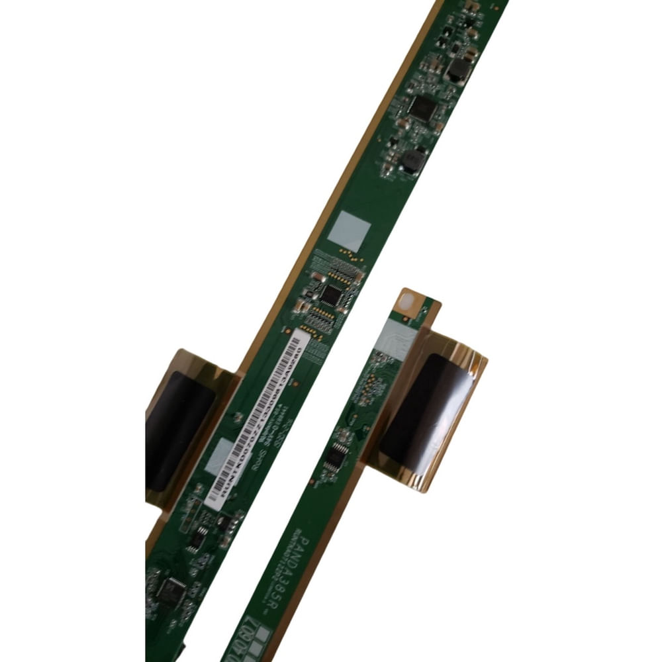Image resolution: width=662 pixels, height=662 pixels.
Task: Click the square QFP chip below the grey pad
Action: click(331, 295)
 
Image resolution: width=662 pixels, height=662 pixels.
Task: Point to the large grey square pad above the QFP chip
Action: click(349, 232)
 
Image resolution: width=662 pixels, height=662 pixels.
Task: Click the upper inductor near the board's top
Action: click(457, 70)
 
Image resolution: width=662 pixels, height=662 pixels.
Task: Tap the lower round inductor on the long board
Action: click(412, 160)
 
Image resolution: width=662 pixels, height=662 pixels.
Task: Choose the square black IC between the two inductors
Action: click(422, 108)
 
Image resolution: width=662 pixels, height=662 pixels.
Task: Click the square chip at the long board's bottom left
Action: click(171, 591)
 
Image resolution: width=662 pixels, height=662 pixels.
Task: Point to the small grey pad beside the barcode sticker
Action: click(218, 455)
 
